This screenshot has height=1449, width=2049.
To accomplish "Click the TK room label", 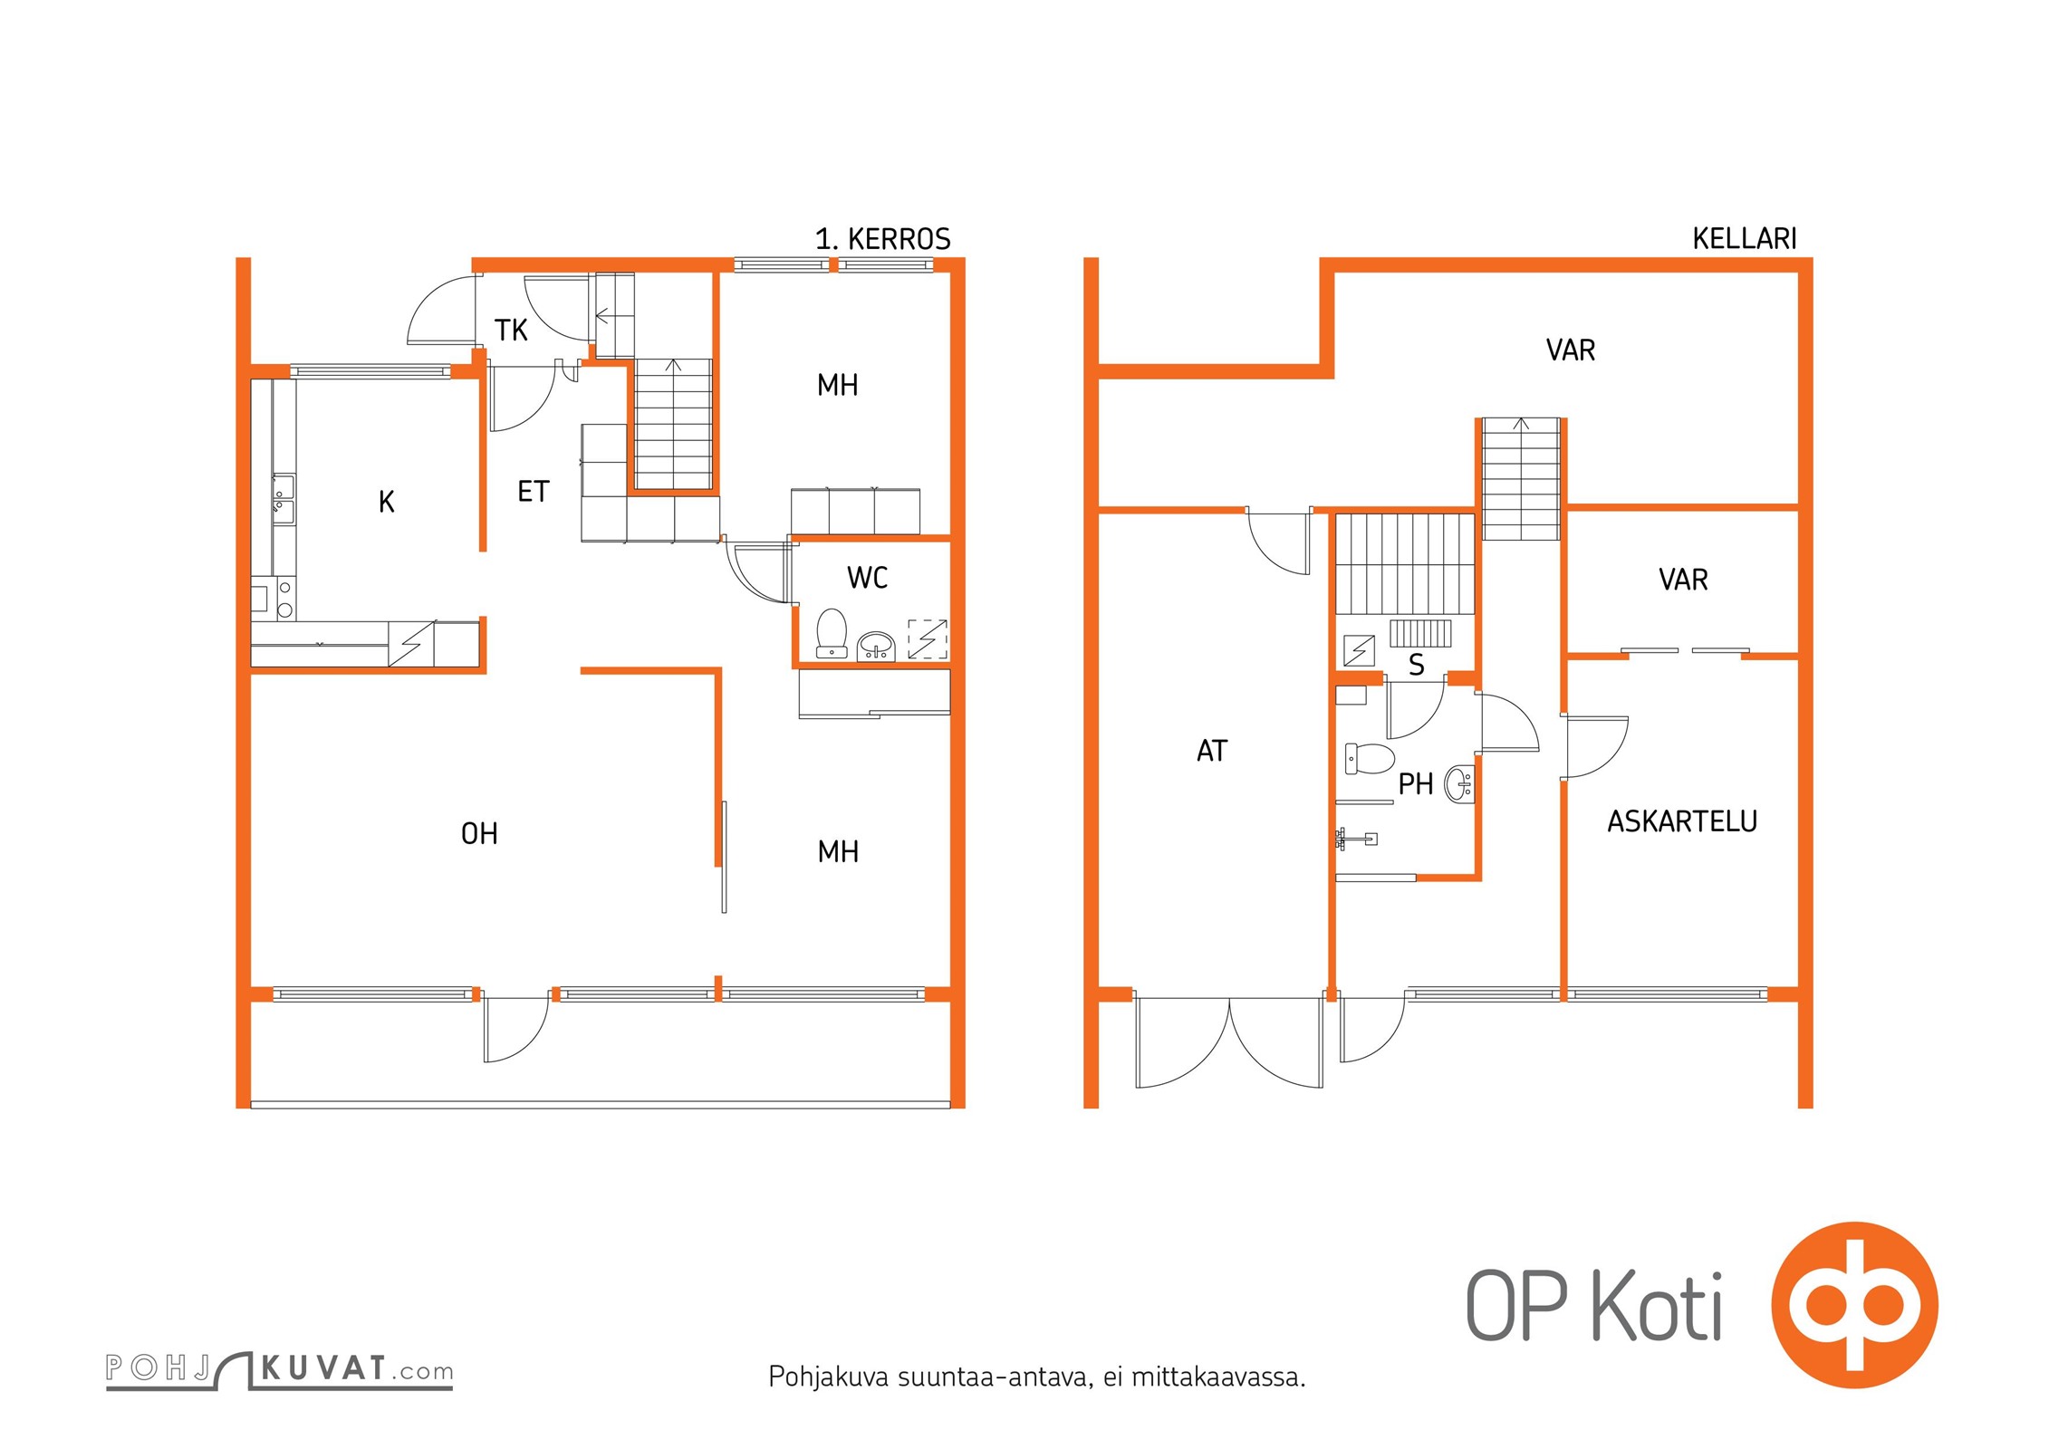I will point(511,331).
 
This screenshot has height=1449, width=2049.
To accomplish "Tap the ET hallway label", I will point(533,492).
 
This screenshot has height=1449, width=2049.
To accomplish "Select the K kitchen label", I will point(387,502).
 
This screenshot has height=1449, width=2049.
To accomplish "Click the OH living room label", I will point(479,833).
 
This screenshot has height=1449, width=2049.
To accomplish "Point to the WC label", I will point(867,578).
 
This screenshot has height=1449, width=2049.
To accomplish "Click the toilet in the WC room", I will point(832,632).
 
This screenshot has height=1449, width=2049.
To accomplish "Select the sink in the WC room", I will point(876,646).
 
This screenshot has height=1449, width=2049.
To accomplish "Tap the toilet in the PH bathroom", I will point(1369,758).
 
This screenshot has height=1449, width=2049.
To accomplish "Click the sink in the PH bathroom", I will point(1459,783).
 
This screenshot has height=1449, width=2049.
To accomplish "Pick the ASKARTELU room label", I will point(1682,821).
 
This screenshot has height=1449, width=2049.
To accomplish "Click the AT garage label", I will point(1212,751).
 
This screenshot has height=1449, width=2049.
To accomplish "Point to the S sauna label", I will point(1417,666).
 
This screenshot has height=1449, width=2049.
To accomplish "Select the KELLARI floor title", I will point(1744,238).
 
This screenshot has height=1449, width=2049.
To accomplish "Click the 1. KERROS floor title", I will point(882,239).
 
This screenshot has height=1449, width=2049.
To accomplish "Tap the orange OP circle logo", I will point(1854,1305).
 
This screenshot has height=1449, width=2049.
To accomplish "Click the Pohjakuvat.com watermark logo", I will point(279,1369).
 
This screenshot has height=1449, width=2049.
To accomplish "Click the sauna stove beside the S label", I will point(1420,633).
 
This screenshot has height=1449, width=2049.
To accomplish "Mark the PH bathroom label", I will point(1415,784).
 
